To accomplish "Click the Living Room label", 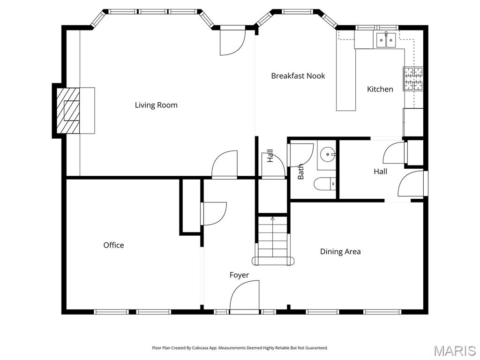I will (x=156, y=105).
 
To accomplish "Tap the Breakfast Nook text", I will (x=298, y=76).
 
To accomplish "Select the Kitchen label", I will (x=380, y=89).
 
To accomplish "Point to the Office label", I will (x=113, y=245).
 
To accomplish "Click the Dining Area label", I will (x=340, y=252).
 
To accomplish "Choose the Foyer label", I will (x=239, y=275).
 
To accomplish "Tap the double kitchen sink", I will (x=386, y=40).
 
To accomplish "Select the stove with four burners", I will (x=412, y=79).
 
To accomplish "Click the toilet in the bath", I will (x=326, y=184).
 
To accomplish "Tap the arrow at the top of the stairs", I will (x=273, y=218).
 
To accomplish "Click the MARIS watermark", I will (x=454, y=350).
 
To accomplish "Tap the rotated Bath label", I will (x=301, y=172).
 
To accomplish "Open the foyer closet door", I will (x=213, y=213).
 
